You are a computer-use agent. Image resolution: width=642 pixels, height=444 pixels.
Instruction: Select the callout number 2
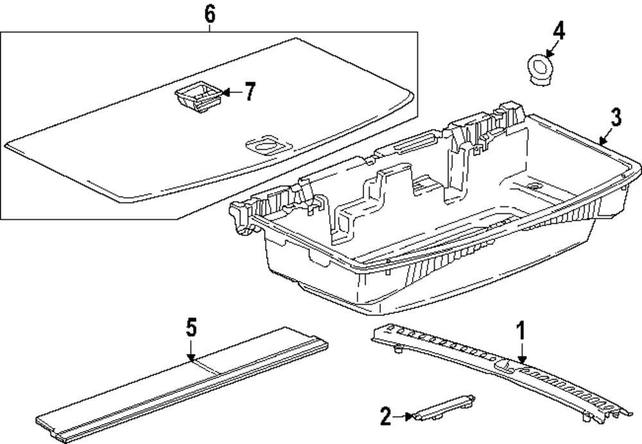point(386,416)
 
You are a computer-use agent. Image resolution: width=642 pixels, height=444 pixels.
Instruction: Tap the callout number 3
point(616,117)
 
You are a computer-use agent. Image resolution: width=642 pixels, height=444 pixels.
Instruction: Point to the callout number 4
point(559,31)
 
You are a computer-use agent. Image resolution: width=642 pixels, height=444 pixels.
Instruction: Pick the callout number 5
point(191,328)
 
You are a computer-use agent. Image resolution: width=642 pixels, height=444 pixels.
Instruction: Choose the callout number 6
point(209,15)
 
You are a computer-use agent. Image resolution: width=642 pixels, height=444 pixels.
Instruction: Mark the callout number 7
point(250,91)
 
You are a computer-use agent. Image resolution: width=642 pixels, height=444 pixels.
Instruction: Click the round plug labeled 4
point(539,69)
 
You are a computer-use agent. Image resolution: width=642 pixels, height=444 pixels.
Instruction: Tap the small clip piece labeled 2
point(444,408)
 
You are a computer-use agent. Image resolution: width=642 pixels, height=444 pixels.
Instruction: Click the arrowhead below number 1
point(521,359)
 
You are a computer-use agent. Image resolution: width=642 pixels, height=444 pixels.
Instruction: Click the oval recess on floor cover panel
point(268,145)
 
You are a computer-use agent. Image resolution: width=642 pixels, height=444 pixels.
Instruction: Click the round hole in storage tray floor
point(534,186)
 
